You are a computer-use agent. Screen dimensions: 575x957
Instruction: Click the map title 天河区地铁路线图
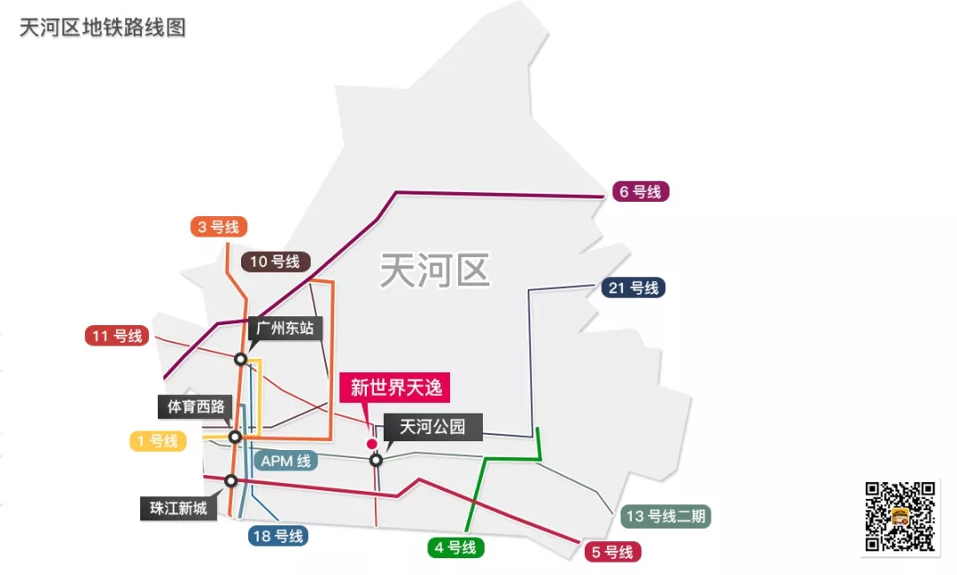(103, 27)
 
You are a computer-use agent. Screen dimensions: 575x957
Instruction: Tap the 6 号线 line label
(641, 191)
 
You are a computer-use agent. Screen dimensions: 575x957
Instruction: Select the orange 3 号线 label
(219, 227)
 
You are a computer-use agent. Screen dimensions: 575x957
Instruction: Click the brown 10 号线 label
(276, 261)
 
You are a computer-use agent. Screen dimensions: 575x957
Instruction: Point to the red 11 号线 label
(117, 336)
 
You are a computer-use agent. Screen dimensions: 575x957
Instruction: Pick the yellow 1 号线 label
(158, 440)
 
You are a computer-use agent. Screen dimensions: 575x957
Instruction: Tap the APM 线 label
(285, 461)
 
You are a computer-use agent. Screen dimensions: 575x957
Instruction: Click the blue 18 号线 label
(278, 536)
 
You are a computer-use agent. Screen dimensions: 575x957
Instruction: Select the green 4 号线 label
(455, 548)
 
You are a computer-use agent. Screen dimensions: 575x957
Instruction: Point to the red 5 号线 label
(611, 552)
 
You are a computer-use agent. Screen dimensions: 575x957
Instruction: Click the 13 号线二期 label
(665, 517)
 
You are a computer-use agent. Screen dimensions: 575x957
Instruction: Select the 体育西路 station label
(196, 407)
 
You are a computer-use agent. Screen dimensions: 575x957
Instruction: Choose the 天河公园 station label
(432, 427)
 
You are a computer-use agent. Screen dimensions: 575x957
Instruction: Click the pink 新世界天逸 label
(395, 387)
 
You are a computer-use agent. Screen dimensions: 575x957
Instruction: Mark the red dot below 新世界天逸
(372, 444)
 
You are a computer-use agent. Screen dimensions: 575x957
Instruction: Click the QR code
(899, 517)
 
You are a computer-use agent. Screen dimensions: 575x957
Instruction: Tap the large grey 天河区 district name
(434, 268)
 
